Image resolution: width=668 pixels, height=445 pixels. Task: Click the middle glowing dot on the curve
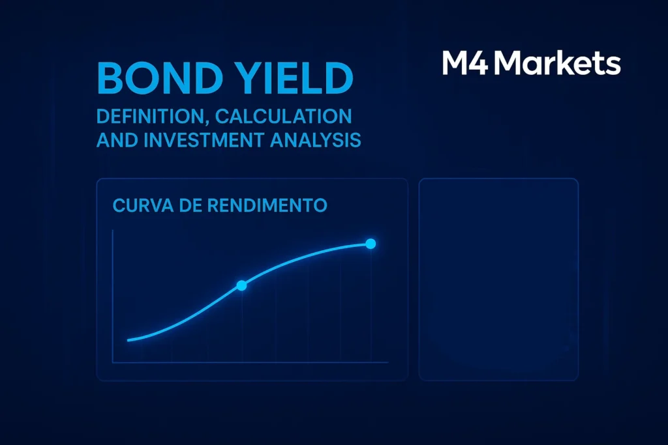241,285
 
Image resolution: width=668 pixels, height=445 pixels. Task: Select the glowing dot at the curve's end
371,244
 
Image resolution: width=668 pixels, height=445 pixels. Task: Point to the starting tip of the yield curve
129,339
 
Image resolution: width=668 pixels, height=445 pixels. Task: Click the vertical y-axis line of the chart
113,293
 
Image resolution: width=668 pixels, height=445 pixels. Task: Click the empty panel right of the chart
498,279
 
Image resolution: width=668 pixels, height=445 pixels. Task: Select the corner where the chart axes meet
113,362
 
